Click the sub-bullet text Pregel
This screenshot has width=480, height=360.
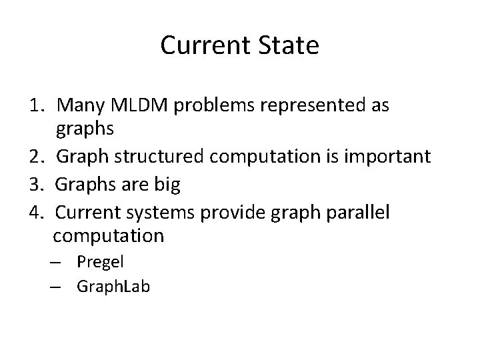[100, 261]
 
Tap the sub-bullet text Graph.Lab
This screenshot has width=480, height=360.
[113, 287]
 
